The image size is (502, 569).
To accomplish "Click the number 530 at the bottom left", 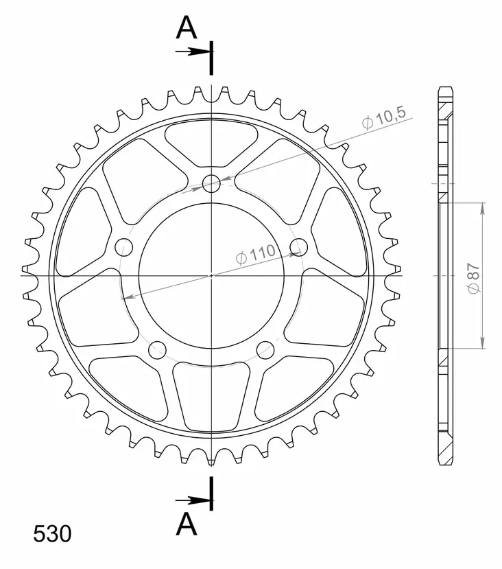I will pos(51,534).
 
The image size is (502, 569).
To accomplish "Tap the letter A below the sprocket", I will pos(187,524).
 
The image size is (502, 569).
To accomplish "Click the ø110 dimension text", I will pos(254,255).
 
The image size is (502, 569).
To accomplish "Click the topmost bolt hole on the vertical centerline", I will pos(212,183).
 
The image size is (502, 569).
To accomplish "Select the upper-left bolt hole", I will pos(124,246).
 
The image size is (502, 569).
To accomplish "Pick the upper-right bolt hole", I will pos(299,246).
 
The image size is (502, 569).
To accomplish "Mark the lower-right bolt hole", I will pos(265,349).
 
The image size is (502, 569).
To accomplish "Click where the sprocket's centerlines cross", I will pos(212,275).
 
